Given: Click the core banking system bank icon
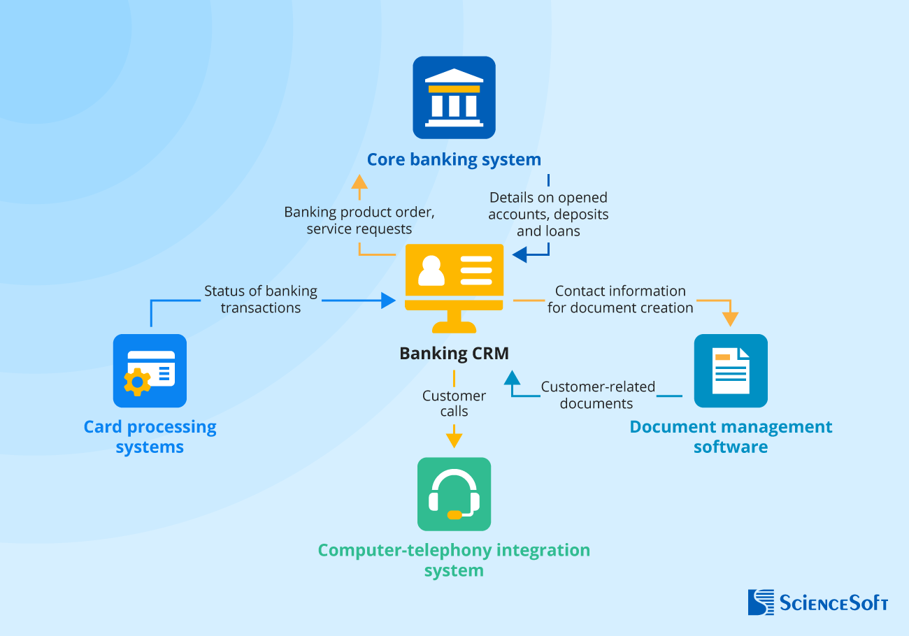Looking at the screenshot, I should pyautogui.click(x=454, y=98).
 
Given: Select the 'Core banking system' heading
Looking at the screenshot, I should pyautogui.click(x=454, y=159).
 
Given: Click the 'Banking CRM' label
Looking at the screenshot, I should pyautogui.click(x=454, y=354).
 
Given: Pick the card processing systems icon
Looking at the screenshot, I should pyautogui.click(x=150, y=370).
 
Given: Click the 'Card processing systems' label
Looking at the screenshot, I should pyautogui.click(x=150, y=437).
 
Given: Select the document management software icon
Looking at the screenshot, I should pyautogui.click(x=731, y=370).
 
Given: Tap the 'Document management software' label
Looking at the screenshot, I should pyautogui.click(x=731, y=437).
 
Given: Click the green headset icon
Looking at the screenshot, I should pyautogui.click(x=454, y=494).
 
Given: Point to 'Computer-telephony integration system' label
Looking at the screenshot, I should pyautogui.click(x=454, y=560).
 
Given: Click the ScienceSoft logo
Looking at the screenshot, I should pyautogui.click(x=817, y=602).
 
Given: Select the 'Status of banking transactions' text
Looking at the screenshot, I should pyautogui.click(x=260, y=299).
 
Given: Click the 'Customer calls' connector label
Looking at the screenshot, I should pyautogui.click(x=454, y=403).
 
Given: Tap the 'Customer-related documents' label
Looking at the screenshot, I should pyautogui.click(x=597, y=395).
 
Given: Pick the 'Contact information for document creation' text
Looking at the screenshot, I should pyautogui.click(x=620, y=299).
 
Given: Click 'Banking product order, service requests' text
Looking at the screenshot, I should pyautogui.click(x=359, y=220).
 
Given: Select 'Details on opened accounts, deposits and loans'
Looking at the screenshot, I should pyautogui.click(x=548, y=214).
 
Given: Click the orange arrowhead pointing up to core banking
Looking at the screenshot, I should pyautogui.click(x=359, y=182).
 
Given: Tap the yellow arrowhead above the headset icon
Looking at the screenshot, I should pyautogui.click(x=454, y=440).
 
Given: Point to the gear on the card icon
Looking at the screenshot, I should pyautogui.click(x=137, y=382).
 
